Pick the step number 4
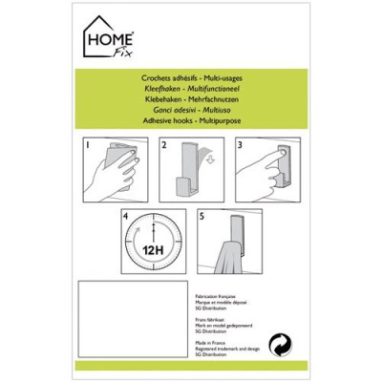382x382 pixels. coord(127,217)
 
